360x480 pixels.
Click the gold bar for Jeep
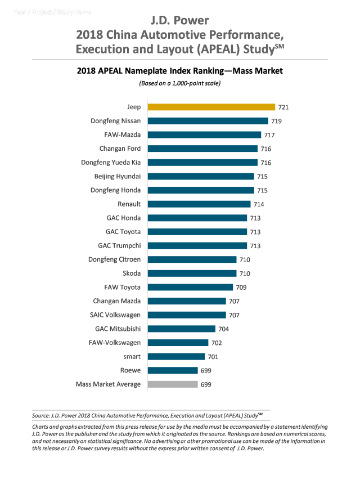(x=211, y=107)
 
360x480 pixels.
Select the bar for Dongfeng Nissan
(x=208, y=121)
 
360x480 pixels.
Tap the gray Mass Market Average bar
(x=172, y=384)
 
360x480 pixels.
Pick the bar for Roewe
(x=172, y=370)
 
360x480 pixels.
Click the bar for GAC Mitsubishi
(x=181, y=329)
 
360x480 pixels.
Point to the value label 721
(x=283, y=107)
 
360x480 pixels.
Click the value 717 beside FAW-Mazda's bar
(x=270, y=135)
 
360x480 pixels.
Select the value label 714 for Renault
(x=259, y=204)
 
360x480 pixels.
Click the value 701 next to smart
(x=213, y=357)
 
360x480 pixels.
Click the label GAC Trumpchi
(x=119, y=246)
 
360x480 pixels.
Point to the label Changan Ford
(x=120, y=149)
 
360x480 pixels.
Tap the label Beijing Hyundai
(x=118, y=176)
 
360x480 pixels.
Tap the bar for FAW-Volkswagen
(x=178, y=343)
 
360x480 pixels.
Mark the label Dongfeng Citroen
(x=115, y=259)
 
